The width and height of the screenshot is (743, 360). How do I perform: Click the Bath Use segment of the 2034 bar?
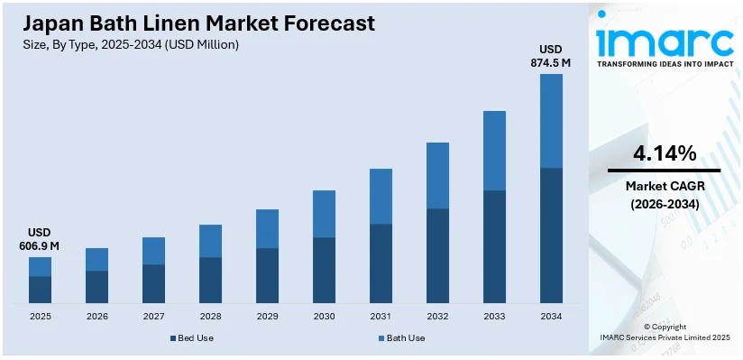pyautogui.click(x=551, y=121)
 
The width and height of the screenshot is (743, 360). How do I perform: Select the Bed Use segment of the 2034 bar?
pyautogui.click(x=551, y=235)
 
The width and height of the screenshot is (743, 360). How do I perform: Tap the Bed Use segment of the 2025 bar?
pyautogui.click(x=40, y=289)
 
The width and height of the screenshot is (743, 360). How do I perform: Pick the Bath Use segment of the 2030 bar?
pyautogui.click(x=324, y=214)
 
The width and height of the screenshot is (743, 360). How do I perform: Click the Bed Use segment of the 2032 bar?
pyautogui.click(x=437, y=255)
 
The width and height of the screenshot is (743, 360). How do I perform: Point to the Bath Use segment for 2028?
pyautogui.click(x=210, y=241)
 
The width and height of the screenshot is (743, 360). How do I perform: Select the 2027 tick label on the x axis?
pyautogui.click(x=153, y=317)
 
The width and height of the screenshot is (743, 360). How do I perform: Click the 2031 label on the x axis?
pyautogui.click(x=381, y=317)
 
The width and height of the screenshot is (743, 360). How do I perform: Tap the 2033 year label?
pyautogui.click(x=494, y=317)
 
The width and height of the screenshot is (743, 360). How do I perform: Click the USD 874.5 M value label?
pyautogui.click(x=551, y=56)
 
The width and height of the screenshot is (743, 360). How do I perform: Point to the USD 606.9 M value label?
pyautogui.click(x=40, y=239)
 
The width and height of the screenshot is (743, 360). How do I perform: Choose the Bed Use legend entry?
pyautogui.click(x=191, y=338)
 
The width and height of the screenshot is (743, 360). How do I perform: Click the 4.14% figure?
pyautogui.click(x=665, y=153)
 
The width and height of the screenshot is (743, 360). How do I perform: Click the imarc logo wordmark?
pyautogui.click(x=665, y=41)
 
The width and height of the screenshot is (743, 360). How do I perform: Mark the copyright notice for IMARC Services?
pyautogui.click(x=665, y=331)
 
